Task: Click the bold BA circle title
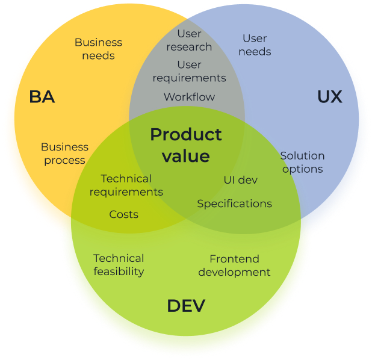click(x=42, y=97)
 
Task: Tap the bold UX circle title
click(x=329, y=97)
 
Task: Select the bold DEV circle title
click(x=186, y=306)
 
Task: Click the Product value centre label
click(x=186, y=145)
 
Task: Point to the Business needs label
click(x=98, y=49)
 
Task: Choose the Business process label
click(x=64, y=154)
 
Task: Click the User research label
click(x=189, y=40)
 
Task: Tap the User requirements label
click(x=189, y=72)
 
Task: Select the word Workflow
click(x=189, y=97)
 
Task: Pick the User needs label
click(x=255, y=45)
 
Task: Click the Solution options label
click(x=302, y=163)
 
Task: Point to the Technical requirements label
click(x=126, y=185)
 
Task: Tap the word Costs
click(x=123, y=214)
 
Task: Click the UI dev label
click(x=240, y=180)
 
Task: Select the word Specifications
click(x=234, y=204)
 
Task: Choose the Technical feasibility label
click(x=119, y=265)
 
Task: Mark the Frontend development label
click(x=234, y=265)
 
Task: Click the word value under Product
click(x=186, y=156)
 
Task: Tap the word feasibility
click(x=119, y=272)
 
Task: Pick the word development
click(x=234, y=273)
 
